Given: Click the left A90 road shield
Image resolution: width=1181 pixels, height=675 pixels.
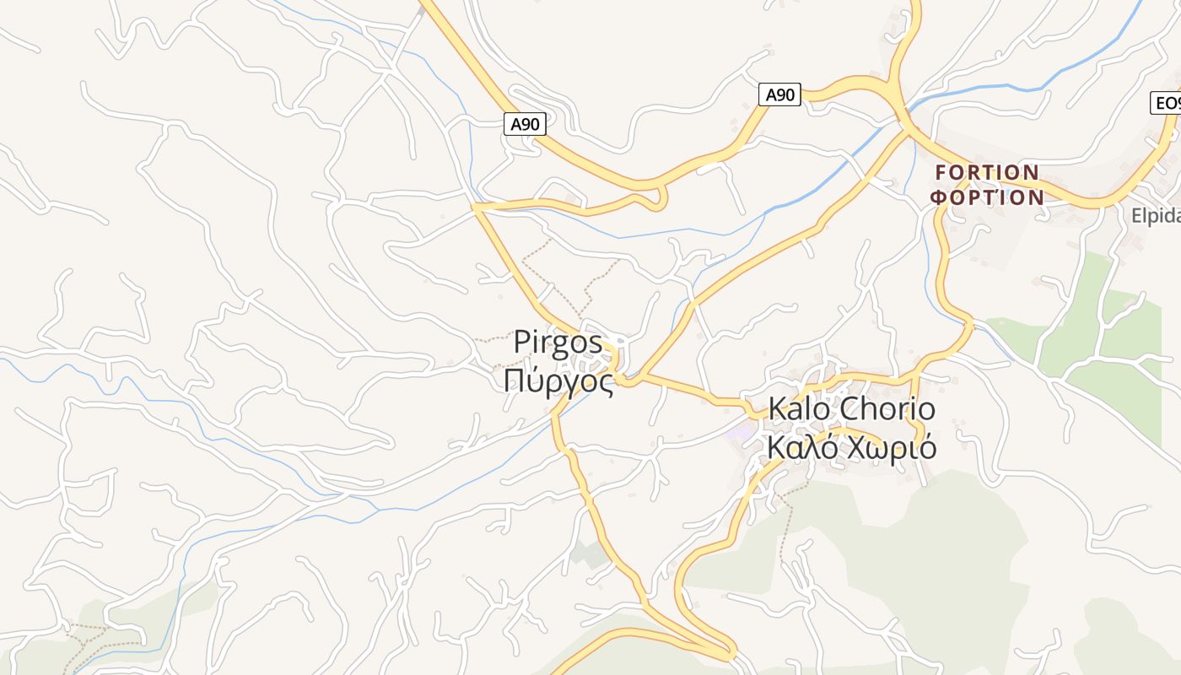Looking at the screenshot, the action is point(525,124).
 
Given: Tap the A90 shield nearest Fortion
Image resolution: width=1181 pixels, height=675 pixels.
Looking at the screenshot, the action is point(779,94).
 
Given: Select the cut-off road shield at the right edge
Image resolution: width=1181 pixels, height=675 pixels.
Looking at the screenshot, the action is point(1167,103).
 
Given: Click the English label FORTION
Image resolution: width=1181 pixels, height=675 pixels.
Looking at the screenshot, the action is point(987,173).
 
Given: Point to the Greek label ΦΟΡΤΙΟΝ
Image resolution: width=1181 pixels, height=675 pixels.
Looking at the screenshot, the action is point(987,197).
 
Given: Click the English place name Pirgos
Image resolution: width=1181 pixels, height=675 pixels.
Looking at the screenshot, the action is point(558,343).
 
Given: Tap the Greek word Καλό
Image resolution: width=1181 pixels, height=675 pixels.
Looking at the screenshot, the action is point(802,447).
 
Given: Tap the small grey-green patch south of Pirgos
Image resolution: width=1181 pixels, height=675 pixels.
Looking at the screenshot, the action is point(589,553).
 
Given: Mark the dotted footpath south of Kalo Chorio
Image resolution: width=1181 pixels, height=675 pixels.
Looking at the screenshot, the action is point(785,523).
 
